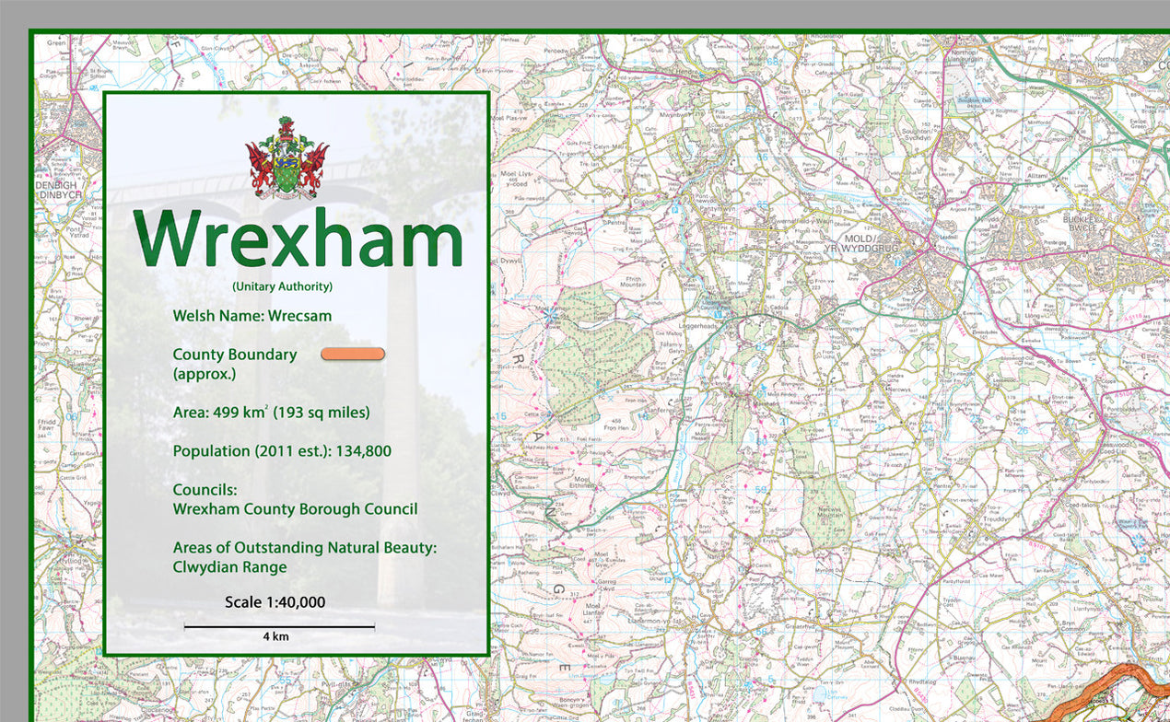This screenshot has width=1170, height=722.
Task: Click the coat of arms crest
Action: tap(287, 157)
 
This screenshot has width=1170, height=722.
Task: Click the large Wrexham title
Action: tap(298, 239)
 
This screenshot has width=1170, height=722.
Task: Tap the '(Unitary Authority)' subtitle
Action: tap(282, 286)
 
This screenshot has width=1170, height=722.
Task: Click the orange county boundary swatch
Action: tap(353, 355)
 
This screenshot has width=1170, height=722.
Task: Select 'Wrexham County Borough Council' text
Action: tap(295, 509)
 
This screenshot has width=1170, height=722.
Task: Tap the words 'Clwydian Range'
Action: tap(229, 567)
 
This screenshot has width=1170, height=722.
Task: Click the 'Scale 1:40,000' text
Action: tap(275, 602)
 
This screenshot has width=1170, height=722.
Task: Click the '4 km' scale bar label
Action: tap(276, 636)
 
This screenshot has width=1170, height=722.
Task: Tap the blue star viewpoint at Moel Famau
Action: tap(551, 316)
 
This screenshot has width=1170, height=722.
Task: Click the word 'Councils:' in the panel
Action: tap(205, 490)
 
